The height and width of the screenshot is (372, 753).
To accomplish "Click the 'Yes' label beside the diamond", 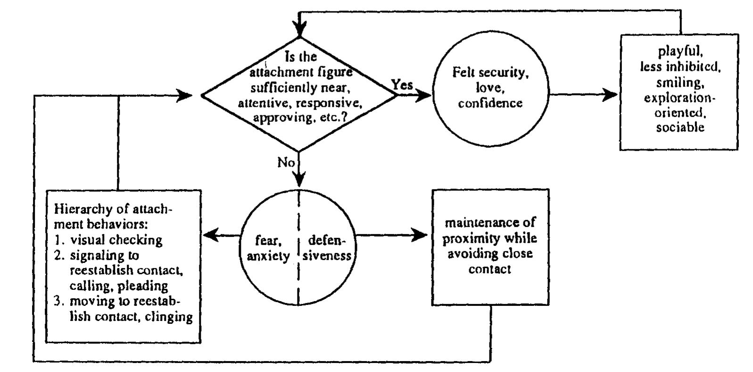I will (x=402, y=85).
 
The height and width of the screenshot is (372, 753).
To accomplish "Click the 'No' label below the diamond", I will (x=286, y=163).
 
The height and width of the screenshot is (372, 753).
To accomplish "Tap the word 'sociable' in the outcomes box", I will (x=680, y=127).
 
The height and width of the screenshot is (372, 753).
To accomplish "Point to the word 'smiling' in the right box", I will (x=679, y=83).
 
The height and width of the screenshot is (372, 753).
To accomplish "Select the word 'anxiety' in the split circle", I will (x=268, y=256).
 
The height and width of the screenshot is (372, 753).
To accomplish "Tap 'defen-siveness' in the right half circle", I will (x=327, y=248).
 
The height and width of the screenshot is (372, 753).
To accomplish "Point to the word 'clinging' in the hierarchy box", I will (x=169, y=316).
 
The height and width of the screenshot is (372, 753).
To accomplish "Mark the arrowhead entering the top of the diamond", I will (x=299, y=31).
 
